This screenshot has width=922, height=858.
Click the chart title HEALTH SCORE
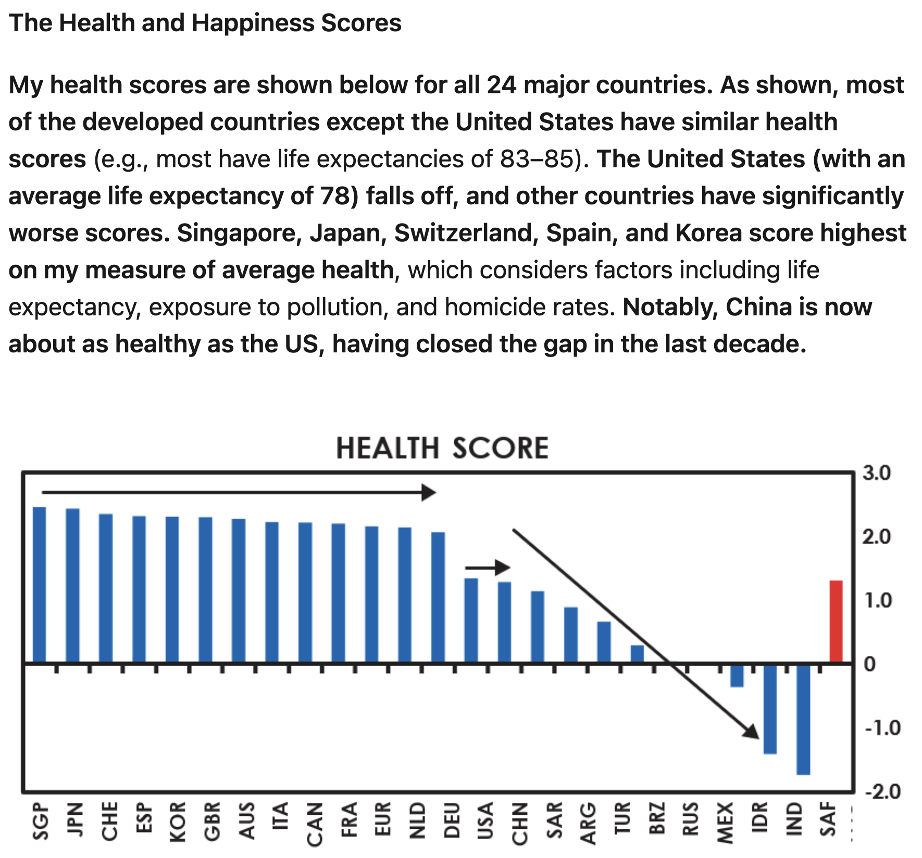click(x=442, y=448)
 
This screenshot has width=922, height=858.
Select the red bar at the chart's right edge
click(x=836, y=621)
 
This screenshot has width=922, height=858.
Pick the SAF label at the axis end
click(x=828, y=819)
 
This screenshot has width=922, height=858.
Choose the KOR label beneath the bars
click(x=178, y=823)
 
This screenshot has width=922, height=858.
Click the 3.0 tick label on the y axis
click(x=877, y=473)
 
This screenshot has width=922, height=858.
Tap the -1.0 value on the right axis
click(x=882, y=728)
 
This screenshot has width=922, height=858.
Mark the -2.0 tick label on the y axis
click(x=882, y=791)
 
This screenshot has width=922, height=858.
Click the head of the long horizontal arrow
click(x=429, y=492)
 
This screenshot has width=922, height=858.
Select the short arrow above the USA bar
click(x=488, y=568)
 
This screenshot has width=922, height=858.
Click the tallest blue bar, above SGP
click(x=40, y=585)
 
